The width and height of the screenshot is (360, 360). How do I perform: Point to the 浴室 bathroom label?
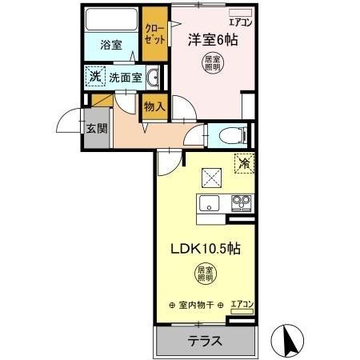click(111, 45)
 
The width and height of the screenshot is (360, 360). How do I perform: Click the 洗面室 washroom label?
click(125, 78)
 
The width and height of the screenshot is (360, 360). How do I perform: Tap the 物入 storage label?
click(154, 106)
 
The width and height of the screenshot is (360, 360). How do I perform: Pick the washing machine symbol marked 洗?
click(94, 77)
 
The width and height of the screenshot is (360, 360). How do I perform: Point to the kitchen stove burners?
click(241, 202)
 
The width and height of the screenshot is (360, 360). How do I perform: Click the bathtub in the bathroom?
click(112, 18)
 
